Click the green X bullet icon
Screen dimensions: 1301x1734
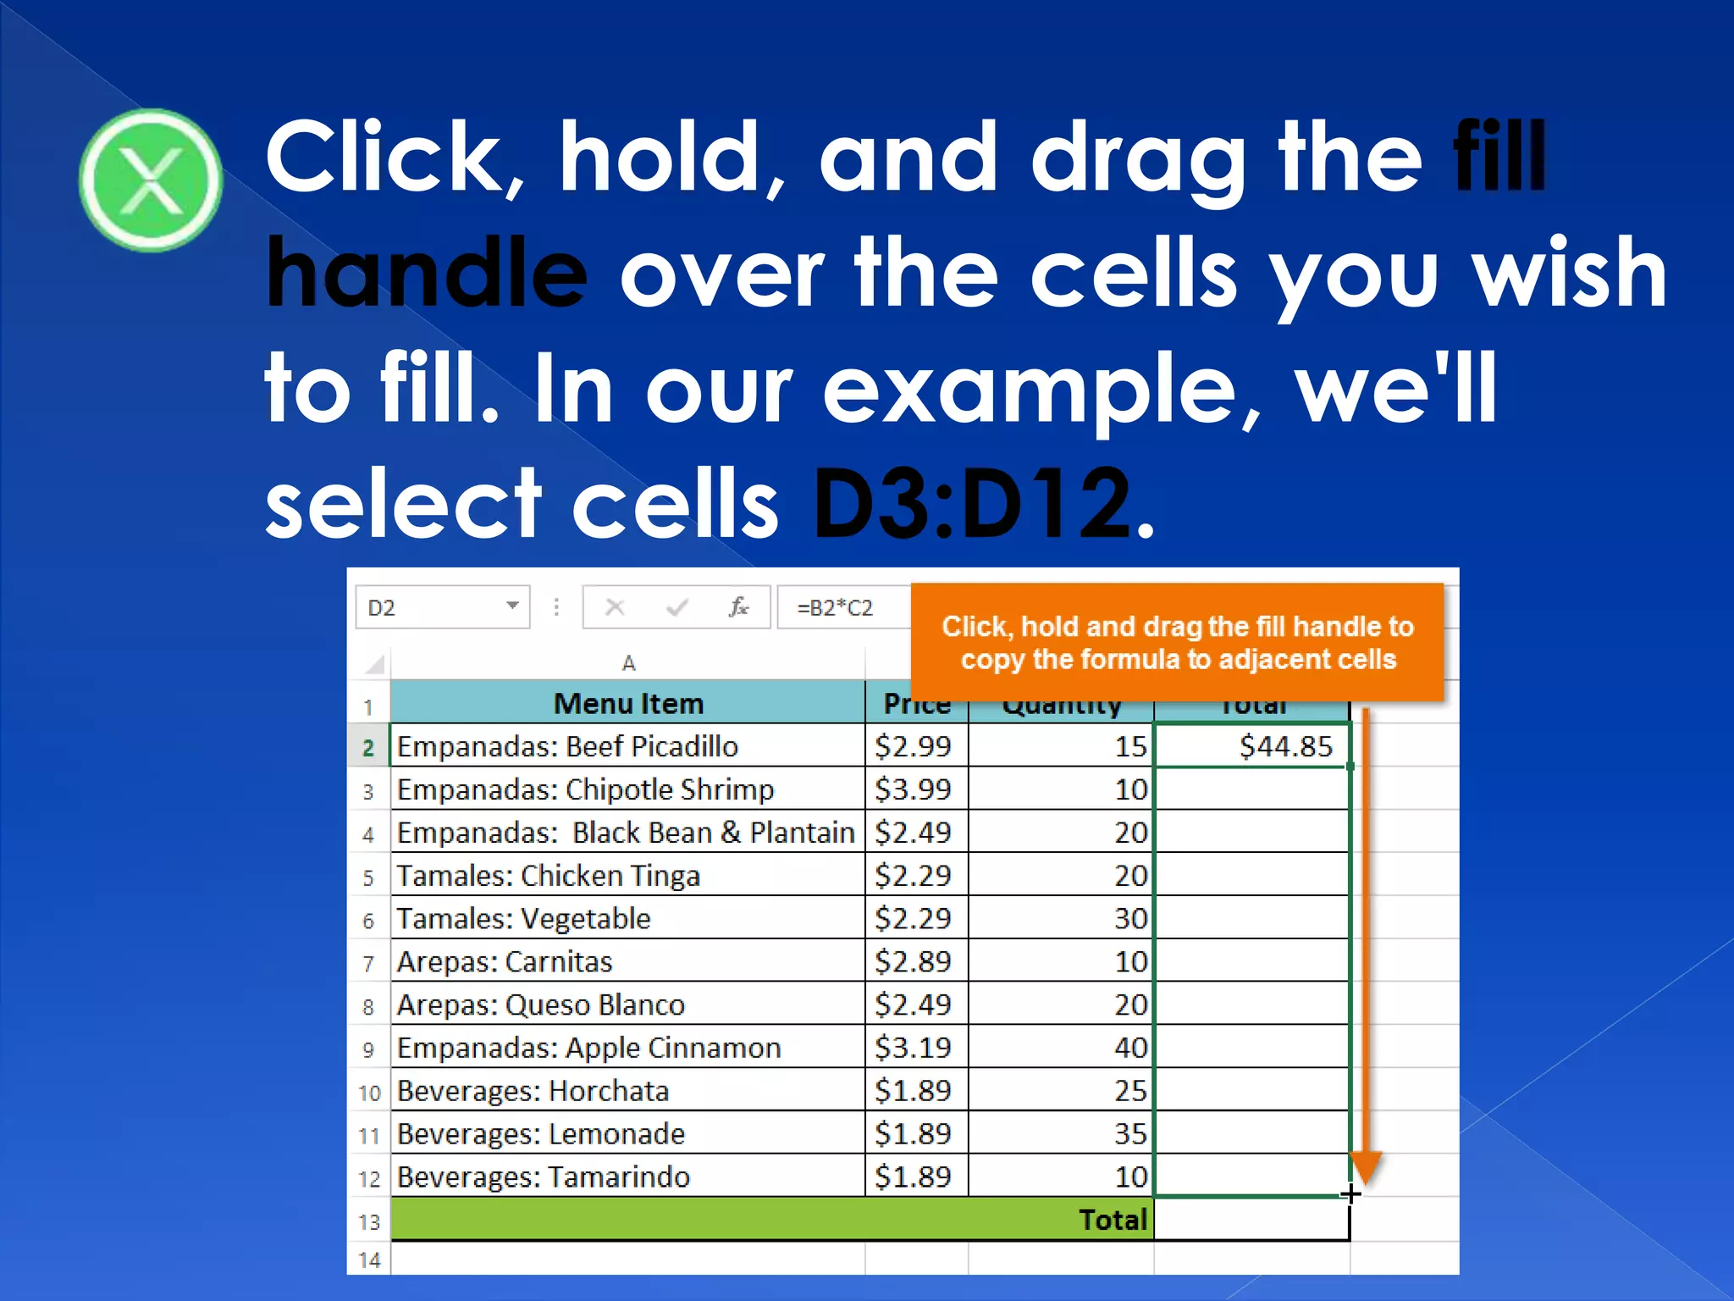click(151, 180)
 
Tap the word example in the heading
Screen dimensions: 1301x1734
click(1040, 389)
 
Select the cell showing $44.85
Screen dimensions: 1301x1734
click(1251, 746)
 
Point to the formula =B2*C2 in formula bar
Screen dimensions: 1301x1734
click(835, 607)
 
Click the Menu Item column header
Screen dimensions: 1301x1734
click(627, 703)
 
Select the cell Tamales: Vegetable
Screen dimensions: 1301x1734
click(523, 918)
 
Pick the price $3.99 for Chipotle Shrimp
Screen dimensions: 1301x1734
click(913, 789)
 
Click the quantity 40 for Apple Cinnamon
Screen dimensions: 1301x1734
click(1130, 1048)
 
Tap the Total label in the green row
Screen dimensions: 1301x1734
click(1112, 1220)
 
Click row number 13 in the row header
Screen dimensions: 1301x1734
click(369, 1221)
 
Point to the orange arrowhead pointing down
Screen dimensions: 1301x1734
click(1366, 1166)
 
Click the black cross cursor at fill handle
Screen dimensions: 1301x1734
click(1350, 1194)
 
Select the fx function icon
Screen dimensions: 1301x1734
click(738, 607)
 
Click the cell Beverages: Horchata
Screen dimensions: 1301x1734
click(533, 1091)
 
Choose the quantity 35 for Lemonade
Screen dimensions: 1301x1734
click(1130, 1133)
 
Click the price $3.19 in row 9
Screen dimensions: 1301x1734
click(913, 1048)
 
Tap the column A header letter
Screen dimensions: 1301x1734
click(628, 663)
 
